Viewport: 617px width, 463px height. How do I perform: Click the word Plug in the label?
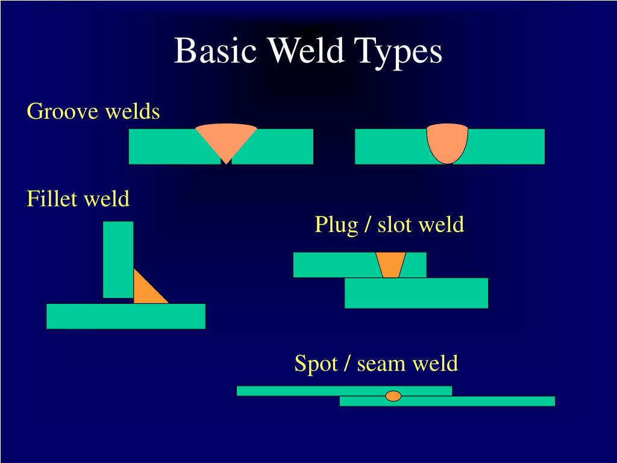[336, 225]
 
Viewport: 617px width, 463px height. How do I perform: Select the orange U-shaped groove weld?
[448, 142]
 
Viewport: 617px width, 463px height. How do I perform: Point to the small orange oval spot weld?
[393, 396]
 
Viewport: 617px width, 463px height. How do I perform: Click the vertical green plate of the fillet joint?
[118, 259]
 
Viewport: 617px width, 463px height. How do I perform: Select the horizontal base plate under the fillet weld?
[125, 316]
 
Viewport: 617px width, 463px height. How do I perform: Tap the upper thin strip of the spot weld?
[301, 391]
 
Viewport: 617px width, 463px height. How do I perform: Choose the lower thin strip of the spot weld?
[482, 401]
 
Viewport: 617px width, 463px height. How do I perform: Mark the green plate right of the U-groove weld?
[506, 146]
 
